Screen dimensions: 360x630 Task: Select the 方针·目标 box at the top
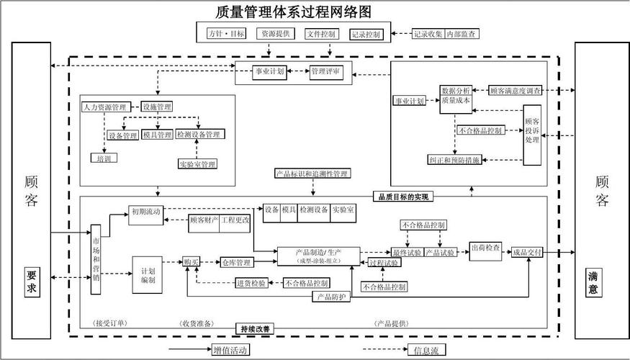click(x=225, y=34)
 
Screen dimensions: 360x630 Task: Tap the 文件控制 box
click(x=320, y=34)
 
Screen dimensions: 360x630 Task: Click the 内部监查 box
click(x=462, y=34)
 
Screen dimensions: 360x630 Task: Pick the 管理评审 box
click(x=326, y=72)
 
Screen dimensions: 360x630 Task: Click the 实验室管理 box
click(x=197, y=164)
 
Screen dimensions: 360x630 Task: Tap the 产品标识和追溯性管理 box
click(x=312, y=174)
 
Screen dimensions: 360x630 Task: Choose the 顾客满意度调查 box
click(x=515, y=91)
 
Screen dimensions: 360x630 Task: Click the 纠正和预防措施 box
click(x=454, y=160)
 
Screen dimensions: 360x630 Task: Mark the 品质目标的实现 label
click(x=403, y=196)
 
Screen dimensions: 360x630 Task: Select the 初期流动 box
click(x=146, y=212)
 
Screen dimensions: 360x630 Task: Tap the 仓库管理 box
click(x=235, y=262)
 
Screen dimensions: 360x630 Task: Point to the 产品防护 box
click(x=331, y=296)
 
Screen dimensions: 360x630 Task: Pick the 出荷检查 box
click(x=485, y=248)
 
